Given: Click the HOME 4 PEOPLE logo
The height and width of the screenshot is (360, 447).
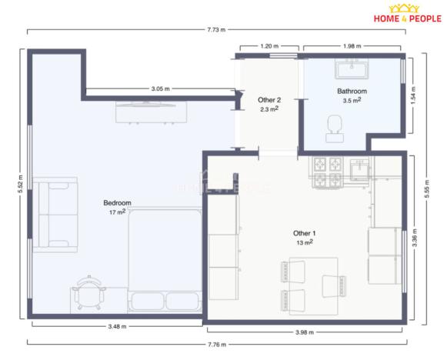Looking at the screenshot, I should [407, 15].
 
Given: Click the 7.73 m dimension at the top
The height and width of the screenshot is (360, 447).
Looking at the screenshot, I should [216, 30].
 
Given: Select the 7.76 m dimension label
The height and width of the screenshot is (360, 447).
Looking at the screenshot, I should [215, 343].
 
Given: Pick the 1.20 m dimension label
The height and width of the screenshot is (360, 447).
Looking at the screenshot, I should [269, 46].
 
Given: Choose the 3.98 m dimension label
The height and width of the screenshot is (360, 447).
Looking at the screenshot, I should [305, 332].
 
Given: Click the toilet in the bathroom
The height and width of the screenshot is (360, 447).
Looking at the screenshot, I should [334, 126].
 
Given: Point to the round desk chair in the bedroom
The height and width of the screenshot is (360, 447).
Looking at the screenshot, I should [87, 292].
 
